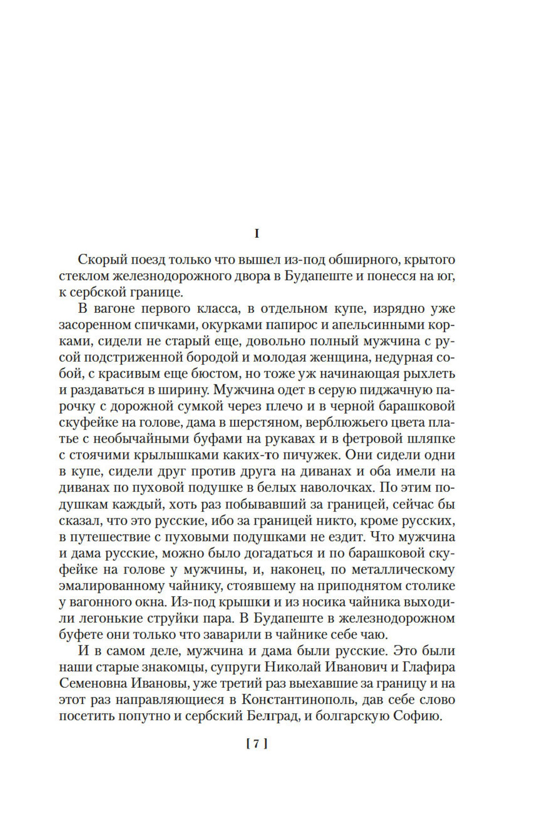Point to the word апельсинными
point(383,325)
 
